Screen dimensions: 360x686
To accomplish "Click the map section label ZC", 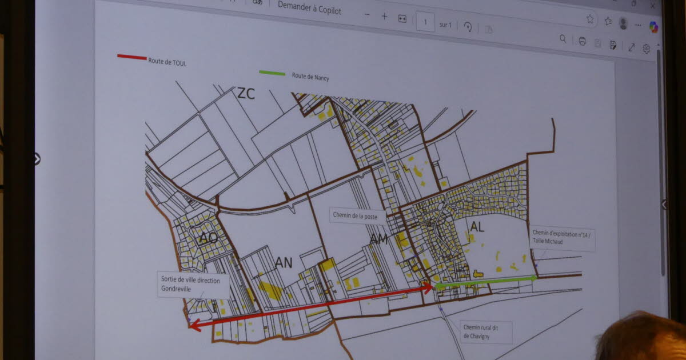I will pos(246,94).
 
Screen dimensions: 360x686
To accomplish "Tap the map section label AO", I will pos(208,238).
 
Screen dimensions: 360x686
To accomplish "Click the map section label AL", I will pos(477,227).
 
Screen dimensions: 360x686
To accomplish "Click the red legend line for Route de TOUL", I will pos(131,57).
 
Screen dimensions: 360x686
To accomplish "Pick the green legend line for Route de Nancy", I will pos(272,73).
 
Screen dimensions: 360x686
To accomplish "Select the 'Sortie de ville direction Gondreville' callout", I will pos(194,285).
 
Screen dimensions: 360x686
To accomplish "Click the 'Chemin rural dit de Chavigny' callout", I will pos(486,332).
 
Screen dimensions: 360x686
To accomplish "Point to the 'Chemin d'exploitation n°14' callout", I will pos(563,237).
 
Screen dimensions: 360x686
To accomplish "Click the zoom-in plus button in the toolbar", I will pos(385,17).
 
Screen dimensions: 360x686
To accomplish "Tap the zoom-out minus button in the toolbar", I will pos(367,15).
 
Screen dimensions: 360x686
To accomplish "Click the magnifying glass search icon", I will pos(563,39).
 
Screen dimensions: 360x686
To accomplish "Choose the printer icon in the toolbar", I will pos(582,41).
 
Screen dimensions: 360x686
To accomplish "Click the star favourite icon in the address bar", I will pos(590,19).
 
